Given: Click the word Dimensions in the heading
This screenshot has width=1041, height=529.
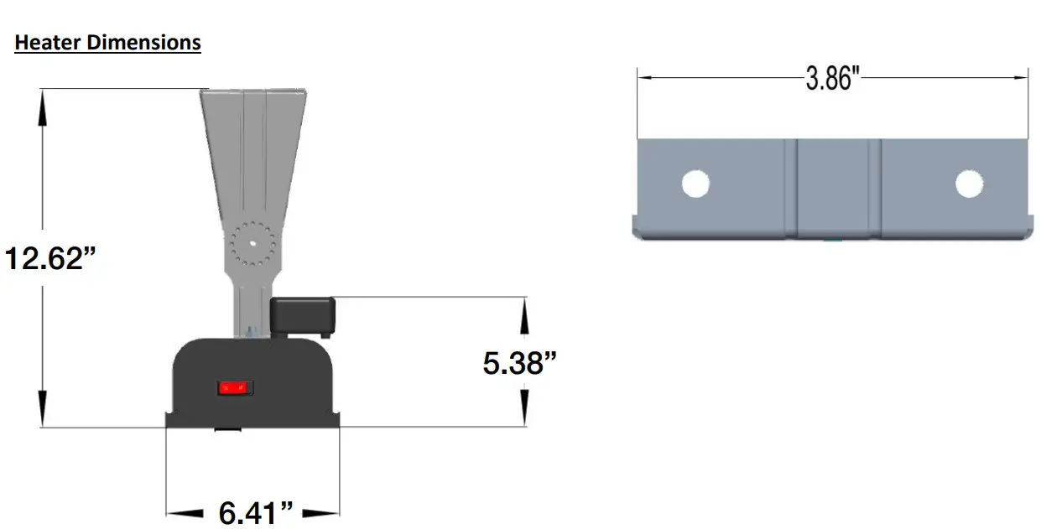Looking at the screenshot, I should (143, 42).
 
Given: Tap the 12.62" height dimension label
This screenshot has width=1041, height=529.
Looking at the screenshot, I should (51, 257).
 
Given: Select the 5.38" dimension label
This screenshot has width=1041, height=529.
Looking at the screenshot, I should (520, 363).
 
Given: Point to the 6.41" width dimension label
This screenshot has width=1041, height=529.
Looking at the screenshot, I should (256, 512).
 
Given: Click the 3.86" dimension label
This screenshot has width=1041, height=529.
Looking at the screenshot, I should (833, 79).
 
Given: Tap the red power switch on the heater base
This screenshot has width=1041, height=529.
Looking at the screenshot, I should (235, 388).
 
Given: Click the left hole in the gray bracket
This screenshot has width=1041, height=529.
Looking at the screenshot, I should (695, 184).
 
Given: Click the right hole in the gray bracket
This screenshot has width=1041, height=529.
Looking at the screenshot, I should (969, 184).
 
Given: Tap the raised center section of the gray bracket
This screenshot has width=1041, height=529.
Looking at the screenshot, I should (833, 189).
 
